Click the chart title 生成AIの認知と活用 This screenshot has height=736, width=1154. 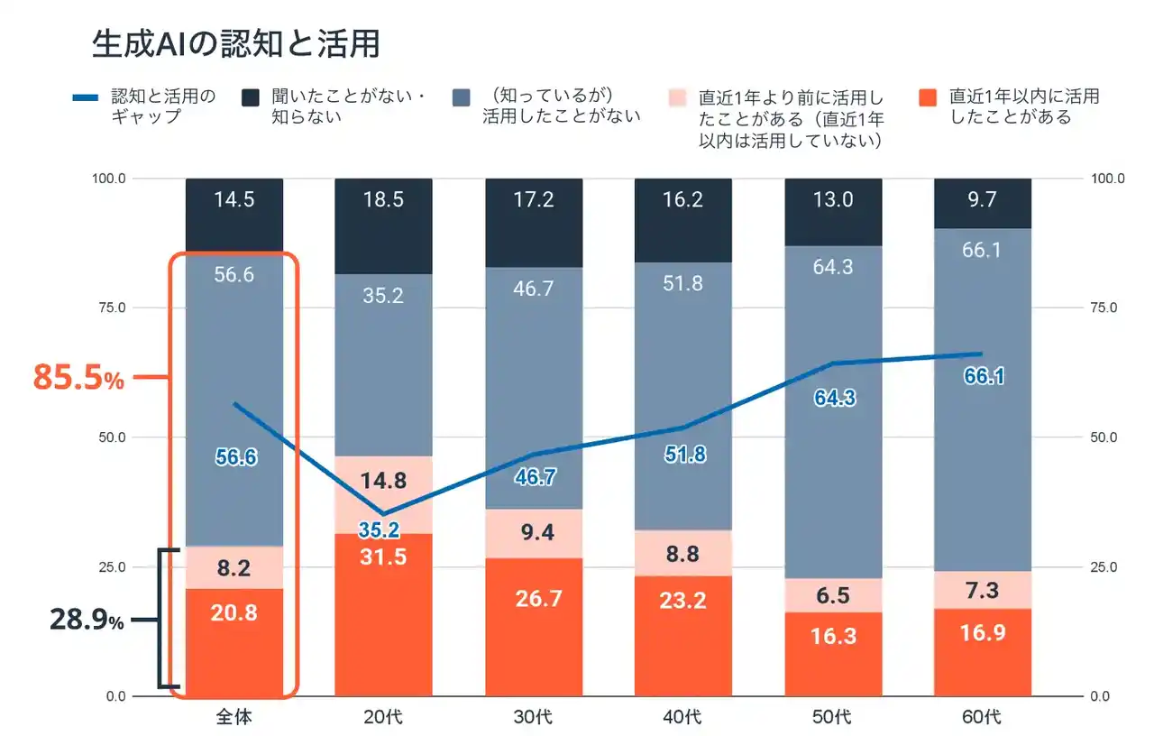point(235,42)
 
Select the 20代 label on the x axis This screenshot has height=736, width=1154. point(383,718)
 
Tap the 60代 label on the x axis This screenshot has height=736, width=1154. point(982,718)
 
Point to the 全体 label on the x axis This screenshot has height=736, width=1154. point(234,718)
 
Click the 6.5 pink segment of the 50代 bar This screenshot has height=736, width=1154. point(832,595)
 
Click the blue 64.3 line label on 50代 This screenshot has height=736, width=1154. point(832,398)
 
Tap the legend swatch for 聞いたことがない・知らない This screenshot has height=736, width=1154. point(251,97)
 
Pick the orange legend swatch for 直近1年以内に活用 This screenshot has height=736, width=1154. point(927,97)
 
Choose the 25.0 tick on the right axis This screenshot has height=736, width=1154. point(1104,567)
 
